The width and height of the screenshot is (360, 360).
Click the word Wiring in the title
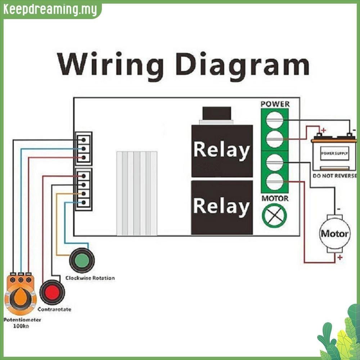110,65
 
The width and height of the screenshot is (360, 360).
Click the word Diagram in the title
243,65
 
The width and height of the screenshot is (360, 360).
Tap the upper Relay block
222,151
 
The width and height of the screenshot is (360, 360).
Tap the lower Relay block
222,208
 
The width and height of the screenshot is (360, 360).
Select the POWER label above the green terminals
275,104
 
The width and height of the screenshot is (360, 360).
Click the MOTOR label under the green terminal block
275,198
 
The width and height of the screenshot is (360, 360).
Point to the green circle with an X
274,216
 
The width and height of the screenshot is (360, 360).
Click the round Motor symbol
335,234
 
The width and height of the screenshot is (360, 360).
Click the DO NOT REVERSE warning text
335,176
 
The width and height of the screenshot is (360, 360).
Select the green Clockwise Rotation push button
82,261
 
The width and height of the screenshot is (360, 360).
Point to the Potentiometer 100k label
22,323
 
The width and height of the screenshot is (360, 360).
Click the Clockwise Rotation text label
90,278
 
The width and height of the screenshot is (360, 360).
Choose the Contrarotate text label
54,309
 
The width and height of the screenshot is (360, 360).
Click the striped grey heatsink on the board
137,193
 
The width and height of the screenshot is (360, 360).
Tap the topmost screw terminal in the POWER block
275,120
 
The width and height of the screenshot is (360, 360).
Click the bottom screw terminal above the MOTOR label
275,181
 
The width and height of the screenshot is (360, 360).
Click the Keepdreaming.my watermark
50,10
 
